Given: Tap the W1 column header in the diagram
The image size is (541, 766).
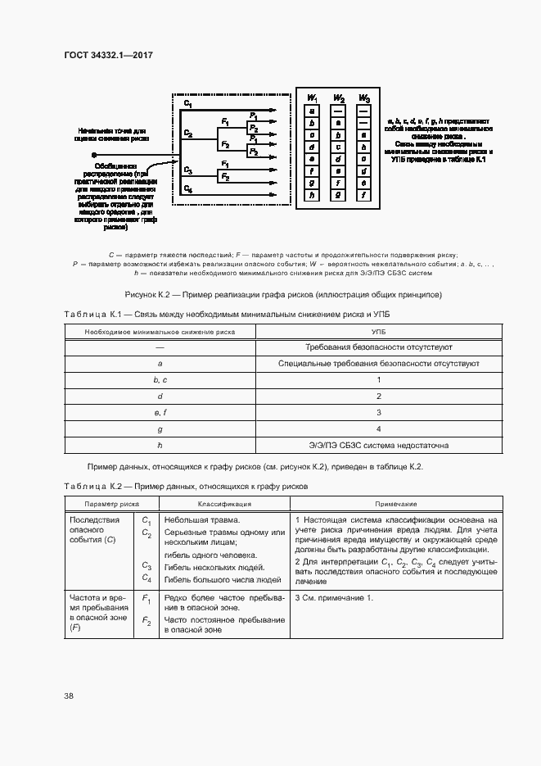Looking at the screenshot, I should click(x=312, y=99).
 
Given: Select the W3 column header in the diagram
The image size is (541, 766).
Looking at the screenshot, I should click(x=363, y=99).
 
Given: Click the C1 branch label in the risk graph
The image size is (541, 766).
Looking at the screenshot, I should click(x=188, y=105).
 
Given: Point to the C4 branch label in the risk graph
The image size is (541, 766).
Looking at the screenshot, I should click(x=188, y=189).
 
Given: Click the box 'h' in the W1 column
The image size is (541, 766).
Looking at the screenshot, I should click(x=312, y=196).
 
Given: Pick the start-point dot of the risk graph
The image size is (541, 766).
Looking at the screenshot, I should click(x=94, y=153).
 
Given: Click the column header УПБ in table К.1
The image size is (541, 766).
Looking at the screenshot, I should click(x=378, y=331).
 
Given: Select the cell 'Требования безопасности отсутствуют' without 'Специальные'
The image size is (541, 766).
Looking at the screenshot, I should click(x=378, y=347).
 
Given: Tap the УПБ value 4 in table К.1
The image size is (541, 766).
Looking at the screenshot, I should click(x=378, y=428).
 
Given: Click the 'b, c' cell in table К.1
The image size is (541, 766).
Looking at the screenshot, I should click(x=160, y=380).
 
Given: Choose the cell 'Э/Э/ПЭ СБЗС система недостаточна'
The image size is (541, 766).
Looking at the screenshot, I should click(x=378, y=446).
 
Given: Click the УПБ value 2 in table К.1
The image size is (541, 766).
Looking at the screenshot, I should click(x=378, y=397).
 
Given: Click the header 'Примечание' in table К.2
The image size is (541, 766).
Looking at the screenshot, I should click(x=396, y=504).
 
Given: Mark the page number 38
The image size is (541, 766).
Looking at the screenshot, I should click(x=69, y=696).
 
